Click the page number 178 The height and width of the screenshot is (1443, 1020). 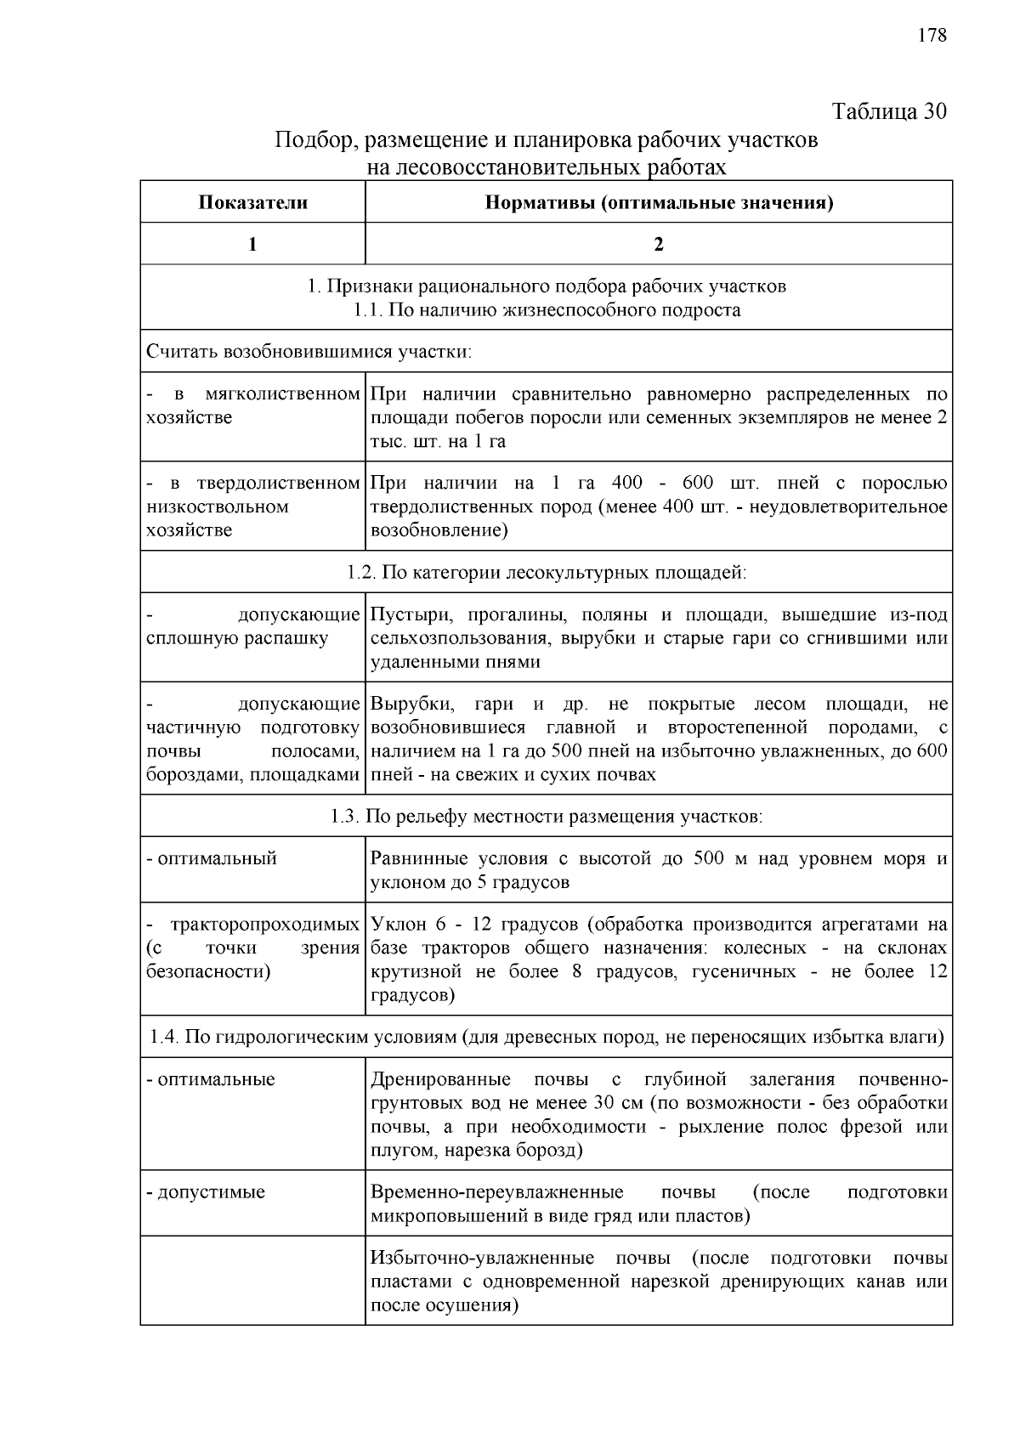(932, 35)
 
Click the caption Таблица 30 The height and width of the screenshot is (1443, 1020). (888, 111)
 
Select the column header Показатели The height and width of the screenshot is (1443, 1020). (252, 202)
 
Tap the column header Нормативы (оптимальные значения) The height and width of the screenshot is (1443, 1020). (659, 202)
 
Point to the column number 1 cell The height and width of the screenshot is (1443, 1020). (252, 244)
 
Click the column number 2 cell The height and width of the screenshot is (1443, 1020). (659, 244)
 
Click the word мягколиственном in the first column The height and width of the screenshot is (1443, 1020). (282, 394)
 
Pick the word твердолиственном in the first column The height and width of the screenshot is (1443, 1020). (278, 484)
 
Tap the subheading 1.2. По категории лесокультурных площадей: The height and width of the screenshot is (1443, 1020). (546, 572)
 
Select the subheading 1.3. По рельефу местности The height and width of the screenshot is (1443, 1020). (546, 817)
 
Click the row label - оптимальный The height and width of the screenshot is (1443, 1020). (212, 858)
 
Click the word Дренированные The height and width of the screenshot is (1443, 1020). (440, 1079)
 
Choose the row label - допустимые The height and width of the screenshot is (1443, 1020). (206, 1191)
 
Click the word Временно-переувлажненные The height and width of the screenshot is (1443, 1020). (496, 1191)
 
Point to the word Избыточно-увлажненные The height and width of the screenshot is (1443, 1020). (482, 1258)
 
